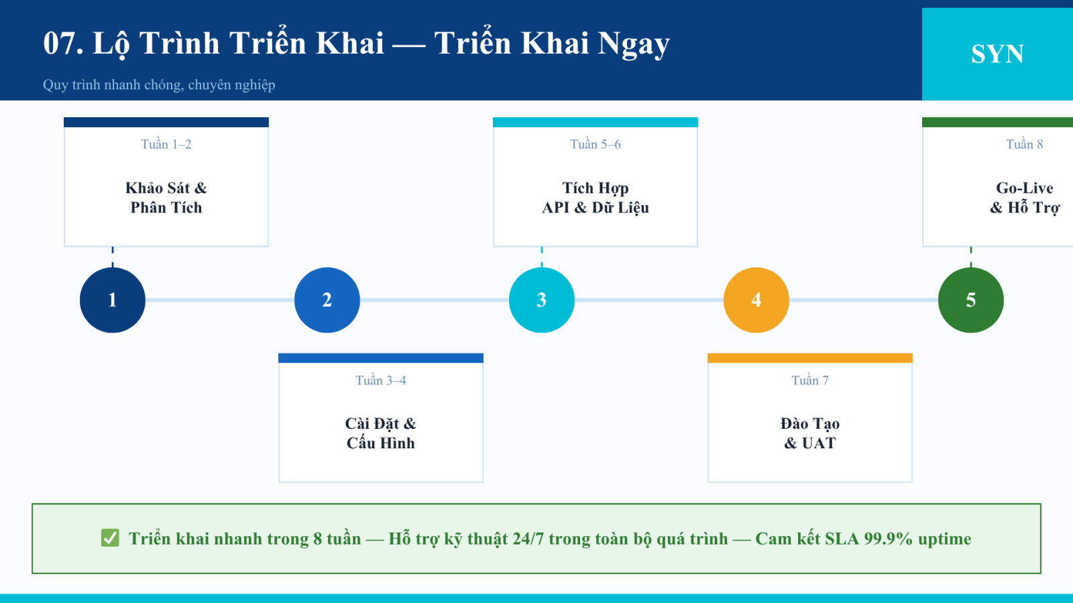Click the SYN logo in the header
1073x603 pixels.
click(997, 54)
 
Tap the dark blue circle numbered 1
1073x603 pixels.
click(113, 300)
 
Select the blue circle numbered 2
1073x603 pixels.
click(327, 300)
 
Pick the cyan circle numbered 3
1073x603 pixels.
click(542, 300)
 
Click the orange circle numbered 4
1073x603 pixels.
click(756, 300)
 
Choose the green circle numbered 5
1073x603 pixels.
click(971, 300)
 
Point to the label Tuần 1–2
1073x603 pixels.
click(166, 144)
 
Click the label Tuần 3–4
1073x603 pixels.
click(381, 380)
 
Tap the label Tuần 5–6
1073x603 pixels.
click(596, 144)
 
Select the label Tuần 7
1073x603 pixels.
click(810, 380)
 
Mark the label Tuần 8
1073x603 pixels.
click(1025, 144)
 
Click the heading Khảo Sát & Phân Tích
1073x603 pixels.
click(166, 198)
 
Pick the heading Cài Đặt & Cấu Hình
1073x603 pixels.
click(381, 433)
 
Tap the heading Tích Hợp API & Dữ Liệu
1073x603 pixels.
click(596, 198)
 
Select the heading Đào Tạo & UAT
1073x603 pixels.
click(810, 433)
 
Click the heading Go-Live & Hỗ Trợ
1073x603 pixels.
click(1025, 198)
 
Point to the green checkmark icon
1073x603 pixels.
click(110, 538)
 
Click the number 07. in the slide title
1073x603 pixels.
click(63, 43)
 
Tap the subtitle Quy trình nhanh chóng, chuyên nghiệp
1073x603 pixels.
click(159, 84)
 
